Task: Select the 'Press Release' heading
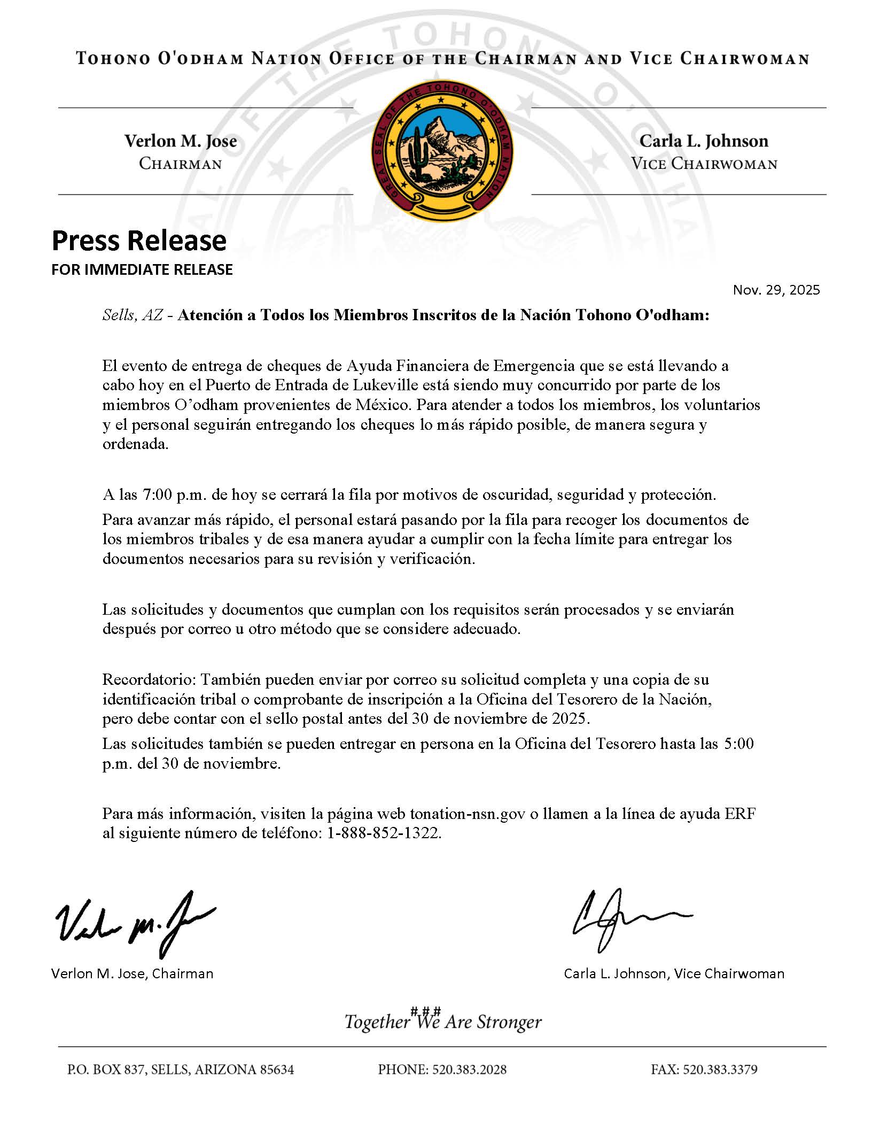point(139,241)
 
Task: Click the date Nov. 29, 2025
point(776,290)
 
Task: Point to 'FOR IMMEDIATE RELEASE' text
point(142,269)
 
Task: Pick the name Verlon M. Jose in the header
point(181,141)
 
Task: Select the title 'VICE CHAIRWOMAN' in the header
point(704,164)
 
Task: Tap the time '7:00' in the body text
point(156,494)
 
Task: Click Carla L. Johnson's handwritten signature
point(630,921)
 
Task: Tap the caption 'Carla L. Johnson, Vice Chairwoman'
point(674,973)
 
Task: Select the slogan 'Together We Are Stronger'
point(443,1022)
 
